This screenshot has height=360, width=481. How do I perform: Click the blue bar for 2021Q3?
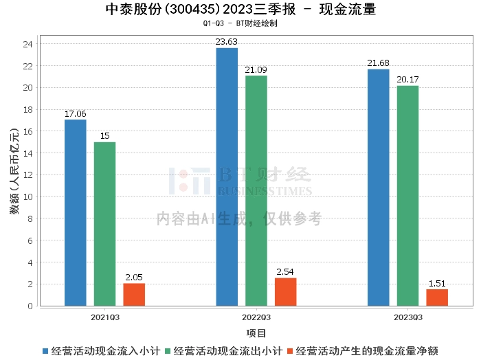pos(76,213)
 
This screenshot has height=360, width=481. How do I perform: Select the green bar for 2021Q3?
pos(104,224)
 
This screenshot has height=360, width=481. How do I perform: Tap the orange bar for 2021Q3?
pos(134,295)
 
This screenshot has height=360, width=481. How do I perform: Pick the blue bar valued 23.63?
pos(227,177)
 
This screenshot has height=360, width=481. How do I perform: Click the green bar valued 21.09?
pos(256,191)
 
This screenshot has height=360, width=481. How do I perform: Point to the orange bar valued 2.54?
pos(286,292)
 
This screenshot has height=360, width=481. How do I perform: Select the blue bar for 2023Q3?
pos(378,188)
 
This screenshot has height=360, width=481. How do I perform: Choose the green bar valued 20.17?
pos(407,196)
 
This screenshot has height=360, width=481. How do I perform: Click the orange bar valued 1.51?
pos(437,297)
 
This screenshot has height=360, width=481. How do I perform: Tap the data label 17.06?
pos(76,114)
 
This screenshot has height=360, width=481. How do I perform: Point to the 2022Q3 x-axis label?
pos(256,317)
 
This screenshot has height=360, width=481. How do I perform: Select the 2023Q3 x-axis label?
pos(407,317)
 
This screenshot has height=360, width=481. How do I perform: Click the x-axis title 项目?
pos(256,333)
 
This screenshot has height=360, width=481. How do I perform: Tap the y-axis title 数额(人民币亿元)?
pos(14,175)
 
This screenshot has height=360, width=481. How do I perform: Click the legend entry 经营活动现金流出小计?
pos(227,350)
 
